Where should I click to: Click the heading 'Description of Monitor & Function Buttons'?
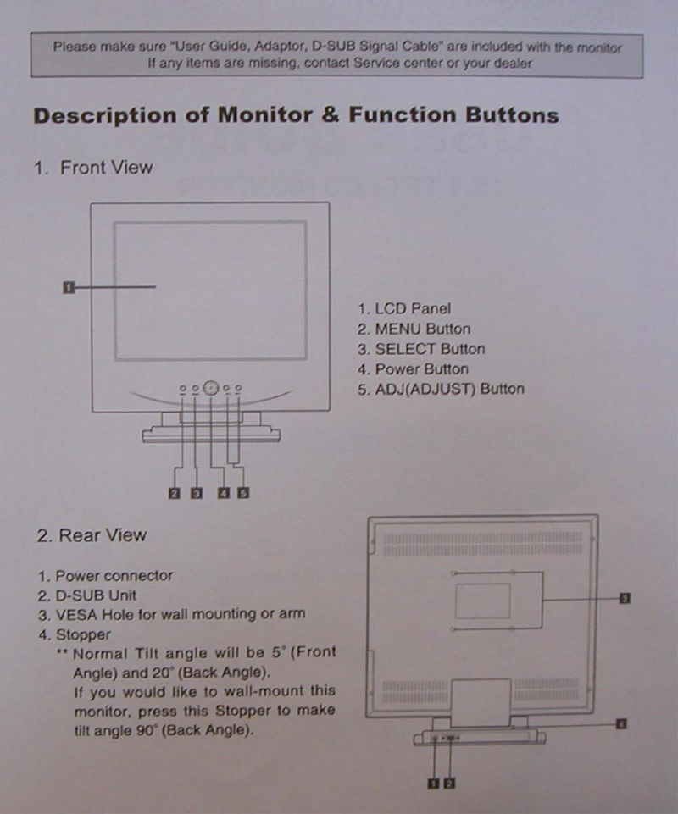point(296,116)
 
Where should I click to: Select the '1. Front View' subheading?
point(94,168)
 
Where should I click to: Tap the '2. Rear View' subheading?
point(92,535)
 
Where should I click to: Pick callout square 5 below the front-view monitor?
point(242,493)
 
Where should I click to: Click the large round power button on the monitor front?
point(211,389)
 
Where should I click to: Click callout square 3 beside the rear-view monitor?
point(625,599)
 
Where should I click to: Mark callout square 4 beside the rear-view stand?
point(621,724)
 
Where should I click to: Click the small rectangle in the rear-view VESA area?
point(483,601)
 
